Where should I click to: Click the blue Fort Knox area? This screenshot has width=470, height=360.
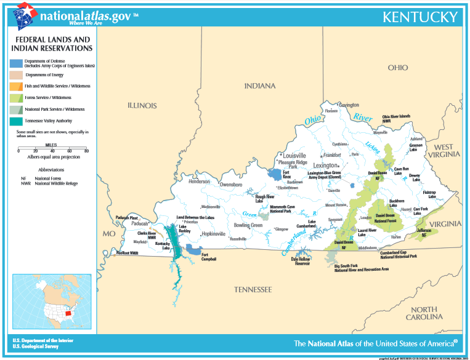point(274,174)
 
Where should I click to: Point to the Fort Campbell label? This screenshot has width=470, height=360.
point(209,257)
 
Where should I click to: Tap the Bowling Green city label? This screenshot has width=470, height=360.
point(248,225)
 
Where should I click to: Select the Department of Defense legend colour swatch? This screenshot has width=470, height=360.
point(16,62)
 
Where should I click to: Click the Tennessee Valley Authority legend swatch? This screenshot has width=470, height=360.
point(16,121)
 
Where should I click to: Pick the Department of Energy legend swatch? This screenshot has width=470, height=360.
point(16,74)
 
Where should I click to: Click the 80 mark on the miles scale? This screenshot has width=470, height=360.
point(86,151)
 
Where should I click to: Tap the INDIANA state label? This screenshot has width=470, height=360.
point(260,86)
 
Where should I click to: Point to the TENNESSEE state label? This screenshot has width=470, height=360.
point(253,289)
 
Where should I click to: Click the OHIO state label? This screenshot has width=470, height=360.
point(397,68)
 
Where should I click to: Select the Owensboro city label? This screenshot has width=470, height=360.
point(232,185)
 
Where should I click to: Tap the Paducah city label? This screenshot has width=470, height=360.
point(140,223)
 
